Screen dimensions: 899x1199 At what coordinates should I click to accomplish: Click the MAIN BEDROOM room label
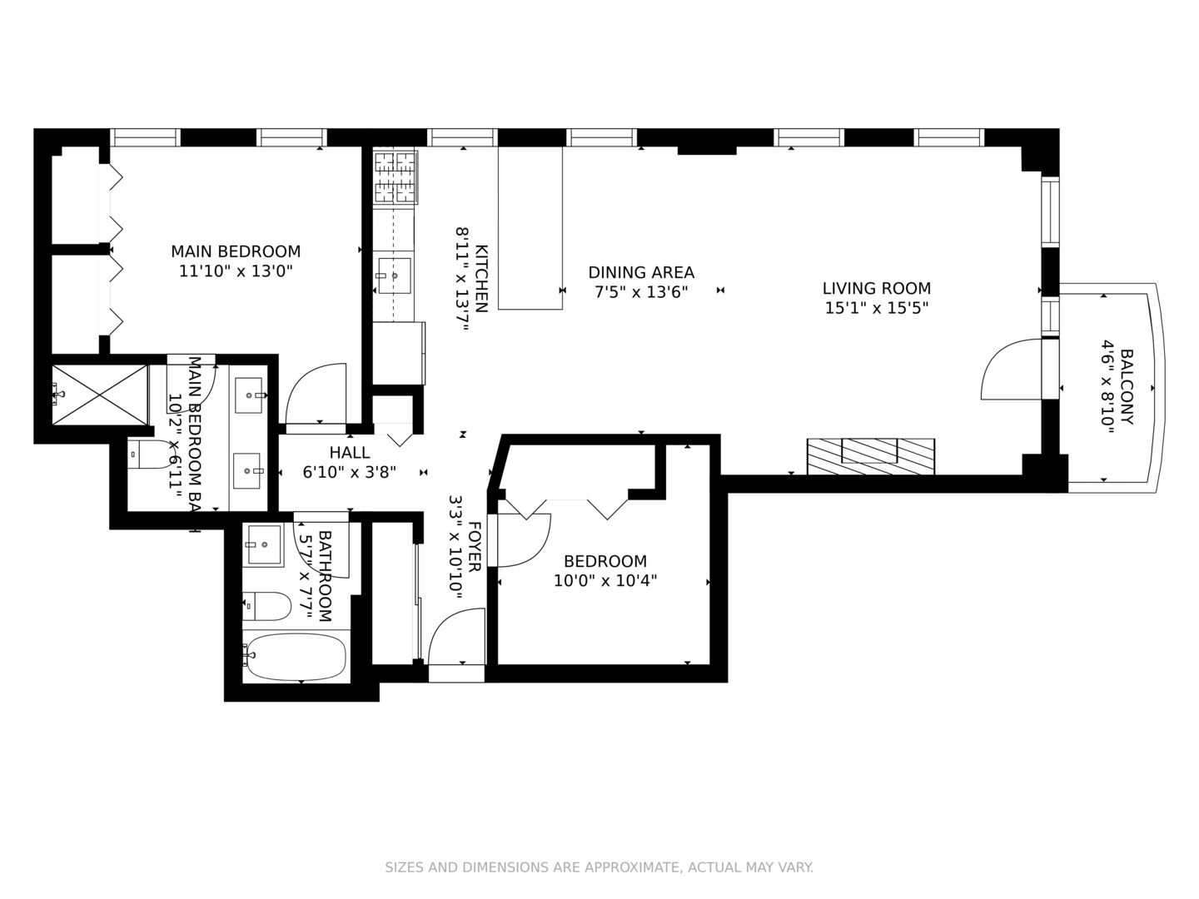click(236, 251)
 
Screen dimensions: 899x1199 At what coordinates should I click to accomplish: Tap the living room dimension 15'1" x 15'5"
click(877, 308)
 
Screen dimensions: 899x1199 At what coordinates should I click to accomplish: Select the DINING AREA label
click(641, 272)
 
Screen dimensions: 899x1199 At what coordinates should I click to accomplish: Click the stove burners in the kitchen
click(394, 176)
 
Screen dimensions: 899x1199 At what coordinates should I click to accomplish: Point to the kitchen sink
click(394, 276)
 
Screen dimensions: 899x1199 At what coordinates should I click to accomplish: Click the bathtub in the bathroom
click(296, 657)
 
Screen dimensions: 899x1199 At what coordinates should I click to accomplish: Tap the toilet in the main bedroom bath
click(150, 454)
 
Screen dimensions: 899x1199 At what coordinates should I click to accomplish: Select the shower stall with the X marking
click(100, 394)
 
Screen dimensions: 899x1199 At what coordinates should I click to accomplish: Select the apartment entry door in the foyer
click(455, 637)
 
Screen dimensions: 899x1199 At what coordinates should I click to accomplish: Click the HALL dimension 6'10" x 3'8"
click(350, 472)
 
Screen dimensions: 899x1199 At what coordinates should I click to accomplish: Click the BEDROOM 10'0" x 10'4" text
click(605, 571)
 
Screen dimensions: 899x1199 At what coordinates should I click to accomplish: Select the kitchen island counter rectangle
click(530, 227)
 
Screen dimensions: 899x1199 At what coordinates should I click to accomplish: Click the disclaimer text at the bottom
click(599, 867)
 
